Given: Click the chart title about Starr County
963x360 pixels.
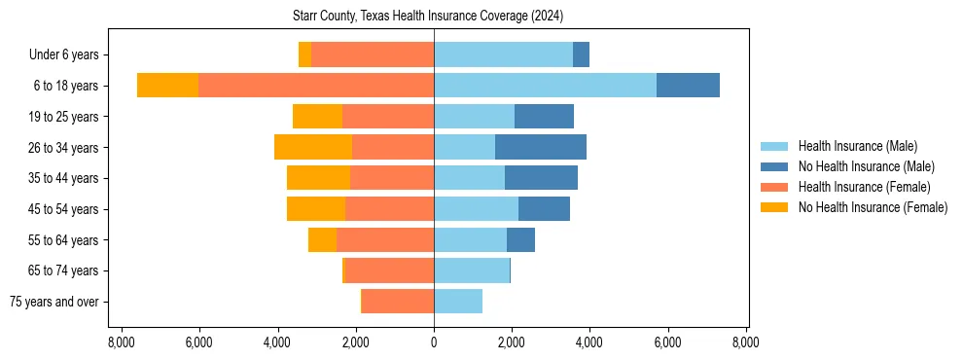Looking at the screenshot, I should (x=428, y=17).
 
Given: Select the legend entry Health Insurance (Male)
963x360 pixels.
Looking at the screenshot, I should (x=856, y=146).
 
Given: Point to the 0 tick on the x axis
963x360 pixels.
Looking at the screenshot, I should (x=434, y=342).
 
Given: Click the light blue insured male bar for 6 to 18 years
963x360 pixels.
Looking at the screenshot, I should (x=545, y=86).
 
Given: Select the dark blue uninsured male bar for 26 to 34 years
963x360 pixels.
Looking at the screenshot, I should (x=541, y=147).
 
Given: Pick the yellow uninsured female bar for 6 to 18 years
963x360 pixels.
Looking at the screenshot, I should (x=167, y=86).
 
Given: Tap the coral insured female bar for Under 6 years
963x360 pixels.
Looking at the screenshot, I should (x=373, y=54).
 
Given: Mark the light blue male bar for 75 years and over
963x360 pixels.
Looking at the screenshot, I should (x=458, y=302).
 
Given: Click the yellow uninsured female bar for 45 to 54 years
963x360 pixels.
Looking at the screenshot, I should (x=316, y=209).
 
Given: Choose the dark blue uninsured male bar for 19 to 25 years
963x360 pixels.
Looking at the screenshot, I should (x=544, y=117).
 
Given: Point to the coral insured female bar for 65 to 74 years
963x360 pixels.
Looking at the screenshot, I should (x=390, y=270).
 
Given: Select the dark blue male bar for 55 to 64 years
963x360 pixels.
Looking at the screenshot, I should (x=520, y=239).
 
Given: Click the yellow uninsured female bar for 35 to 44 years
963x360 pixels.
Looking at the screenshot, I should (x=318, y=178).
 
